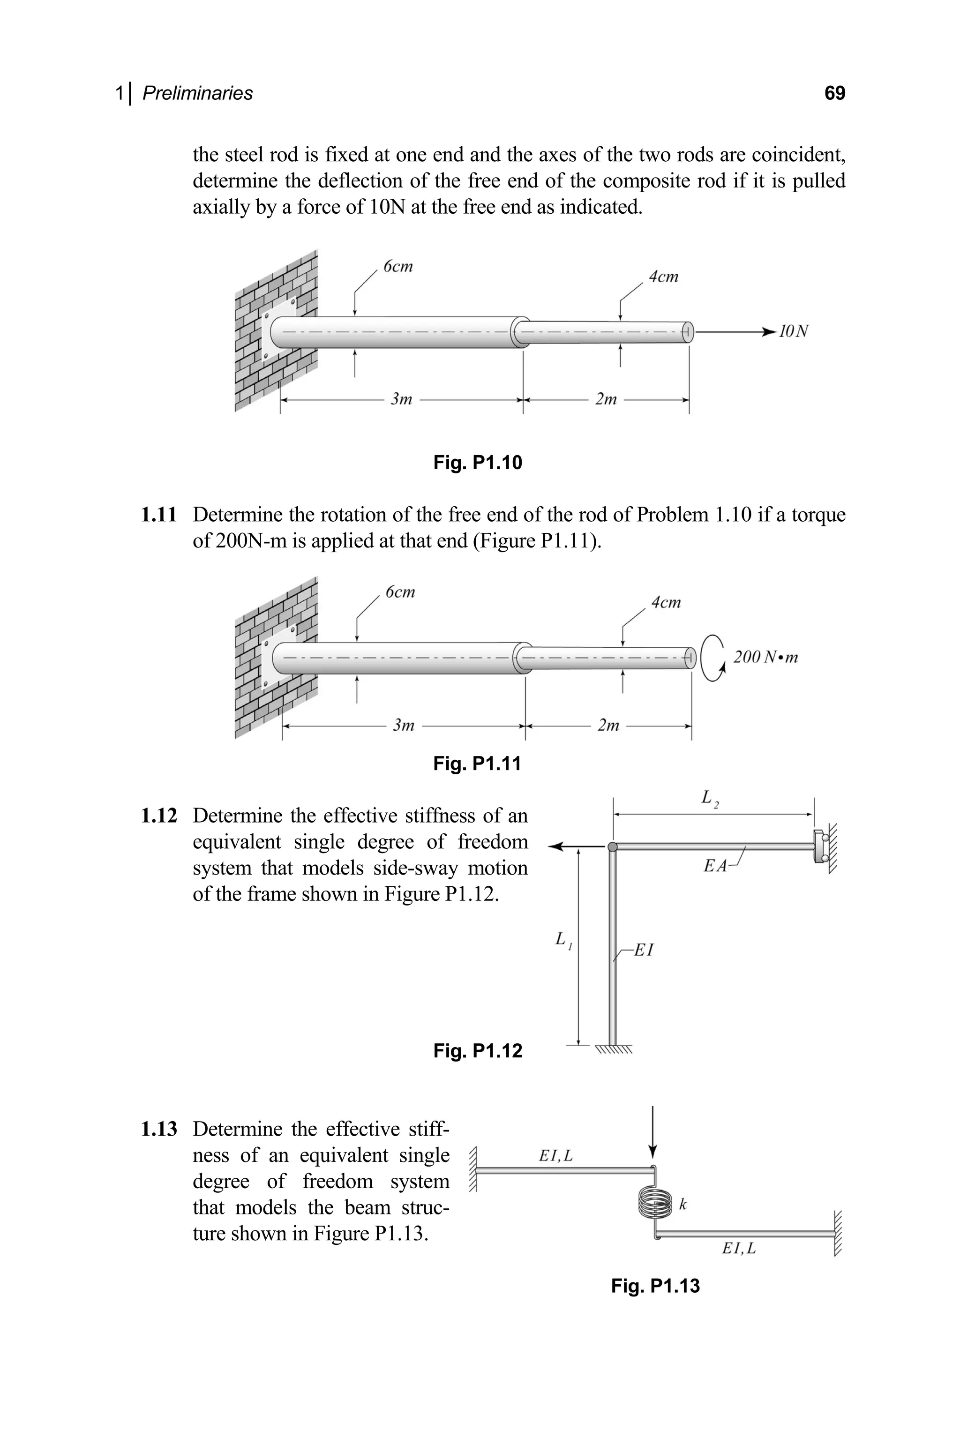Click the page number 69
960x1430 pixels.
tap(834, 93)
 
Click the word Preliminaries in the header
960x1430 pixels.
tap(197, 93)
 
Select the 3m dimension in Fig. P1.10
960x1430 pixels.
tap(402, 399)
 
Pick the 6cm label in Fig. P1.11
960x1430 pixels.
tap(400, 591)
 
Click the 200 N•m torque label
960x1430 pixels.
tap(765, 658)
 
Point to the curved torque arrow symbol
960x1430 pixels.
tap(712, 658)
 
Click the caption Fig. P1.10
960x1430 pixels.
tap(478, 462)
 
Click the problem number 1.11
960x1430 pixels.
tap(158, 515)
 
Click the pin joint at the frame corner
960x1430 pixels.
tap(612, 847)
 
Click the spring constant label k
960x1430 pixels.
tap(683, 1204)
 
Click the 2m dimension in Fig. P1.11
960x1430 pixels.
tap(608, 726)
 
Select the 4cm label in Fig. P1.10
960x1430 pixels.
tap(664, 277)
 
